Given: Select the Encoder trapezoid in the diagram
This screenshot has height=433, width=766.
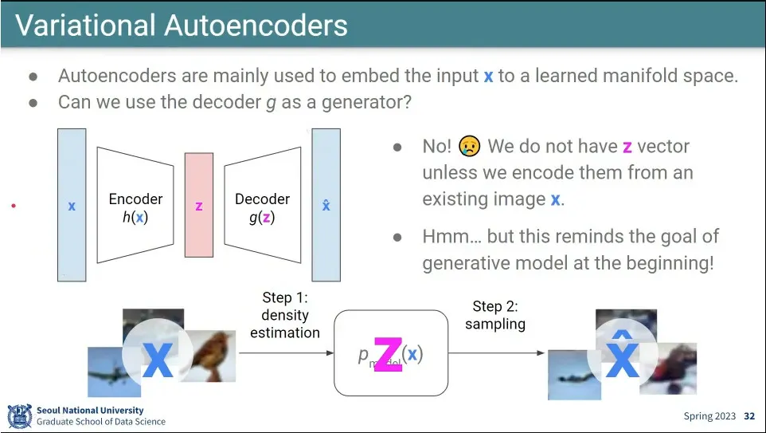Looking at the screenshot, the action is tap(135, 206).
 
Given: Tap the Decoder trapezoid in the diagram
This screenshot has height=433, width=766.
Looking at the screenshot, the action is tap(262, 206).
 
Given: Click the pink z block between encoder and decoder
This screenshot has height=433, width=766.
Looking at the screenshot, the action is tap(199, 206).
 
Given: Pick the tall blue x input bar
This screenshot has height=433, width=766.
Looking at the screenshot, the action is tap(72, 205).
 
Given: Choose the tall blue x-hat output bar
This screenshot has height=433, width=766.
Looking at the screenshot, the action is tap(326, 205).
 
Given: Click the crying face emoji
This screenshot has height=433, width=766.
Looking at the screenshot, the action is tap(470, 147).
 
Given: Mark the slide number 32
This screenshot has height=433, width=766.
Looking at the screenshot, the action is tap(749, 416).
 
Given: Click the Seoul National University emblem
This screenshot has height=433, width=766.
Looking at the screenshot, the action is tap(19, 415).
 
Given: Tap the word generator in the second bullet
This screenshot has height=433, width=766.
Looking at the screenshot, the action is tap(362, 103).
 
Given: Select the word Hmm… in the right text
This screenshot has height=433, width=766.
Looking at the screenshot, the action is tap(451, 237).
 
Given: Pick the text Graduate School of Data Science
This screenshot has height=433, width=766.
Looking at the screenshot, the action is tap(101, 421).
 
